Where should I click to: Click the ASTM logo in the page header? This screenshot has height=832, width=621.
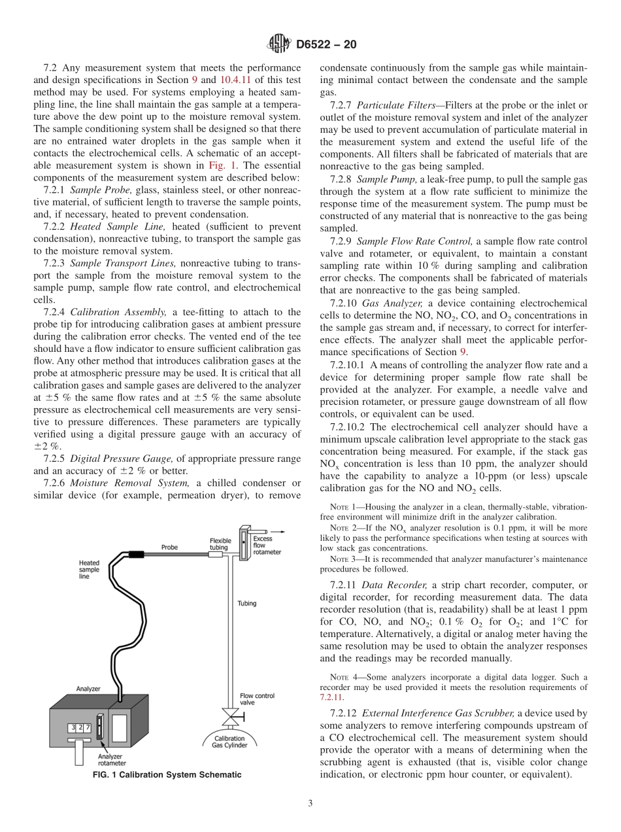click(x=279, y=44)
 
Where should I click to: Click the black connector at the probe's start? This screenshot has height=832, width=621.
click(x=136, y=555)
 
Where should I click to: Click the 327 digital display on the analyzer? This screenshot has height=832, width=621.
click(x=80, y=727)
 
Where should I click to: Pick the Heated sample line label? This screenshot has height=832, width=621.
click(x=89, y=570)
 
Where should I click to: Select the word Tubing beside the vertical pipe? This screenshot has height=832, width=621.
click(x=246, y=603)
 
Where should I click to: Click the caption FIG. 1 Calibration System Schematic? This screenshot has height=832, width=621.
click(x=167, y=774)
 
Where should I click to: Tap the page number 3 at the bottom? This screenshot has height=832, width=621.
click(x=310, y=804)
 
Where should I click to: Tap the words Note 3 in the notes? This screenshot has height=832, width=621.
click(x=341, y=559)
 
